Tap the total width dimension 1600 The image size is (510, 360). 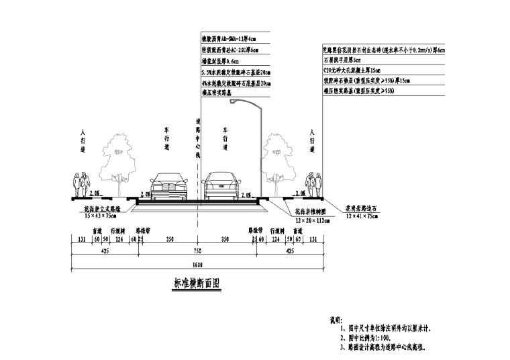[197, 263]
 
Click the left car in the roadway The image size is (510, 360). [167, 186]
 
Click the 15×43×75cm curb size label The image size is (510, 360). [101, 216]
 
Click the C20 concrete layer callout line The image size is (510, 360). [352, 71]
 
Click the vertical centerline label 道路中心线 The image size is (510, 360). [198, 138]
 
